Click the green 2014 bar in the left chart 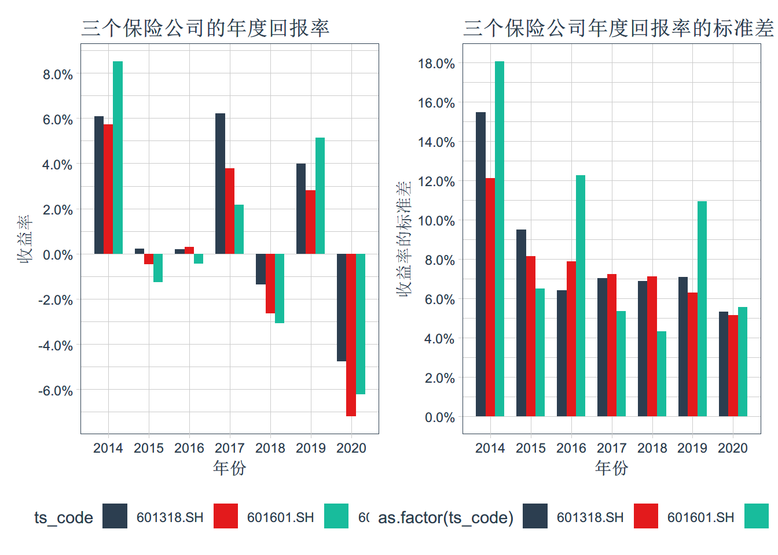[118, 157]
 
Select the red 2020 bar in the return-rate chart [351, 335]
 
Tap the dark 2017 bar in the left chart [220, 183]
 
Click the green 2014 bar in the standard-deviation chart [500, 239]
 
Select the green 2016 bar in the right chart [581, 295]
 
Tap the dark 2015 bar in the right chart [521, 323]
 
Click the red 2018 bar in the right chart [652, 346]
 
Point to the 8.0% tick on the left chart [57, 75]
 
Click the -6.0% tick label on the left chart [56, 391]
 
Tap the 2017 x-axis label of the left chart [230, 448]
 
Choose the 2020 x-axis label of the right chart [733, 448]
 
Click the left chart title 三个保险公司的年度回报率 [205, 28]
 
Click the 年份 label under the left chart [229, 468]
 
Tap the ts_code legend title [64, 517]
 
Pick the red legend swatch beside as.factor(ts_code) [645, 516]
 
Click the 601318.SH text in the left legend [170, 517]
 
